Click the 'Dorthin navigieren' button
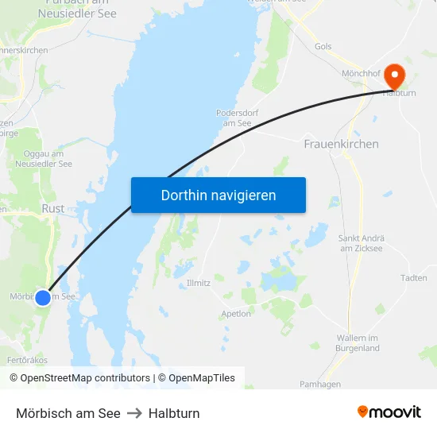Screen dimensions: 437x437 click(218, 195)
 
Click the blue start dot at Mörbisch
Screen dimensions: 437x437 click(43, 297)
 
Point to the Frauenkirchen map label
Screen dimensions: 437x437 click(341, 144)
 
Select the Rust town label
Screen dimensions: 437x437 click(52, 208)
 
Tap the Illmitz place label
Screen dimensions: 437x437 click(198, 283)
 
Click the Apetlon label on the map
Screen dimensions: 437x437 click(236, 314)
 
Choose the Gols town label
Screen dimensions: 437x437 click(323, 47)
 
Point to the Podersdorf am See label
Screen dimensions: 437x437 click(238, 118)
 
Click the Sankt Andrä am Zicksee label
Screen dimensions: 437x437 click(362, 243)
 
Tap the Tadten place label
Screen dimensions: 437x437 click(414, 278)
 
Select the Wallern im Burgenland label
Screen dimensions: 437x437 click(358, 343)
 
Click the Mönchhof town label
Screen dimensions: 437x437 click(361, 73)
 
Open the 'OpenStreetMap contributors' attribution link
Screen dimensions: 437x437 click(85, 378)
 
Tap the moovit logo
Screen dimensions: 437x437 click(389, 412)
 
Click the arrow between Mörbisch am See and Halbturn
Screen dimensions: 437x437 click(134, 413)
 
